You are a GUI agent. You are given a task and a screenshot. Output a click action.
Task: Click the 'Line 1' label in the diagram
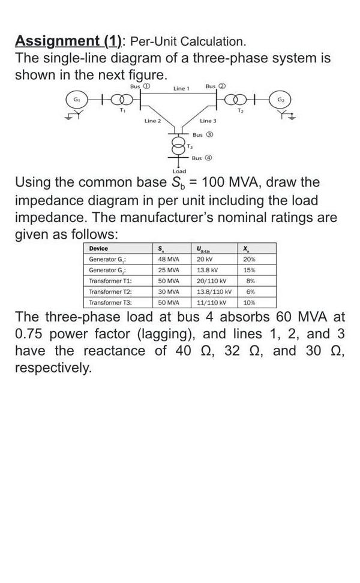pos(181,89)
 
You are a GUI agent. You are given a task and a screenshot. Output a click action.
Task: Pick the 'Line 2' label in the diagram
pos(152,122)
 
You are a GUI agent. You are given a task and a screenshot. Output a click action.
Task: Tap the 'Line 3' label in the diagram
pos(208,122)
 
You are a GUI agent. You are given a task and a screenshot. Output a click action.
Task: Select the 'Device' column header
pos(98,248)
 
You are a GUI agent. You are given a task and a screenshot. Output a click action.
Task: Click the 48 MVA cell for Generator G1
pos(169,259)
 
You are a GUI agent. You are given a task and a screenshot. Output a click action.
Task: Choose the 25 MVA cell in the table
pos(169,270)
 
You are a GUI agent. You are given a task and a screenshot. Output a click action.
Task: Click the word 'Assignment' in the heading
pos(58,41)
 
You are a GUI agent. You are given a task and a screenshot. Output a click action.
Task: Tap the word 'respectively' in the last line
pos(53,367)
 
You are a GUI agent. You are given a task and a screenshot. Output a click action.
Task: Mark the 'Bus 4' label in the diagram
pos(200,158)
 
